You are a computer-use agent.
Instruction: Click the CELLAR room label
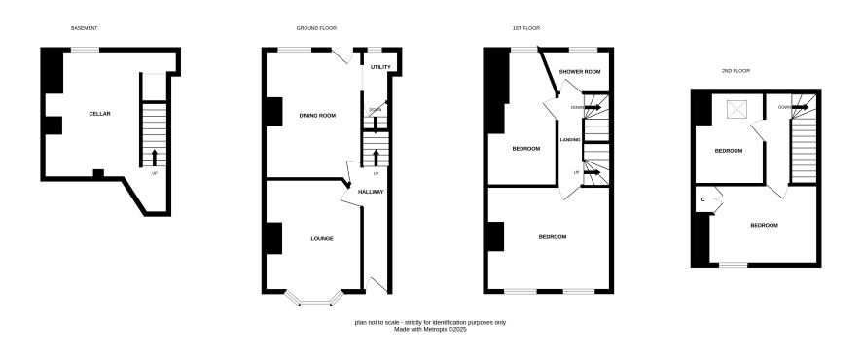coord(99,114)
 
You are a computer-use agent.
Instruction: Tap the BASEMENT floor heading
coord(84,28)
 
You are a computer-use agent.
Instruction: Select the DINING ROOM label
coord(317,116)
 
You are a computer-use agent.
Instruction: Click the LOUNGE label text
coord(322,238)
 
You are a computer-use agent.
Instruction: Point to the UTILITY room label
coord(380,67)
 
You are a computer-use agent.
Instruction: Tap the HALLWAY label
coord(371,192)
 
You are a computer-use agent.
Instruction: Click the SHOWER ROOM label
coord(580,71)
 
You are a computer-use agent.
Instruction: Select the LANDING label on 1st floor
coord(570,139)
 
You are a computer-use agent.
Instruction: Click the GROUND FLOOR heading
coord(316,28)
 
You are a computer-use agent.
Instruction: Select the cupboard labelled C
coord(703,199)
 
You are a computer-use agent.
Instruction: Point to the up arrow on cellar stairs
coord(154,158)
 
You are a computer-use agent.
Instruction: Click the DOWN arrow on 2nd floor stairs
coord(800,107)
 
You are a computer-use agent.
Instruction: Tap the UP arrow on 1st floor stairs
coord(592,172)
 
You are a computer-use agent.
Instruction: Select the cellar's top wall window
coord(85,50)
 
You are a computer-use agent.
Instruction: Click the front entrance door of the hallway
coord(376,285)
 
